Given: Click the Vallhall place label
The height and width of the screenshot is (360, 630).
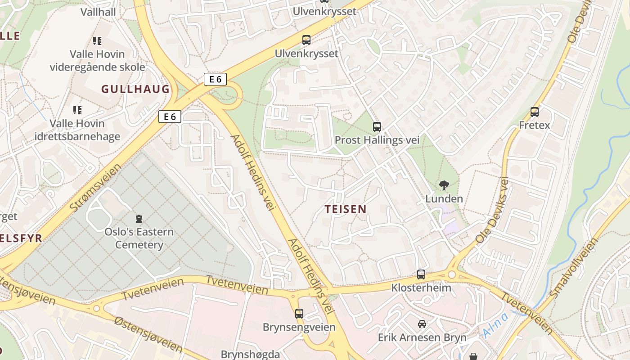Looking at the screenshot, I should (98, 12).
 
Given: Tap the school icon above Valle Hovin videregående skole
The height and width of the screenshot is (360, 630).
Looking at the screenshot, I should (97, 41).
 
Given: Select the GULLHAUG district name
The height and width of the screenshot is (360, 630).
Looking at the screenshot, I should (135, 89).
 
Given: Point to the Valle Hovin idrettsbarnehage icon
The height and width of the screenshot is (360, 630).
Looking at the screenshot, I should (77, 110).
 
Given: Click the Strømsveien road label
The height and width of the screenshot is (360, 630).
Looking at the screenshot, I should (96, 189).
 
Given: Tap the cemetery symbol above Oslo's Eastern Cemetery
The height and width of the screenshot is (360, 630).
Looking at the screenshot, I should (139, 219).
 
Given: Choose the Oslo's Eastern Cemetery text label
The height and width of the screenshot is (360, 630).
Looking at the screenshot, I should (139, 238).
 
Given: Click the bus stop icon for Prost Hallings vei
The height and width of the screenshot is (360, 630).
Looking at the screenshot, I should (377, 127).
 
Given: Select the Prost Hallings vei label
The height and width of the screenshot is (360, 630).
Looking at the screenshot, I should (377, 140).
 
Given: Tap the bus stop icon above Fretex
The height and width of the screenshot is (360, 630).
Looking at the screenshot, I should (535, 112).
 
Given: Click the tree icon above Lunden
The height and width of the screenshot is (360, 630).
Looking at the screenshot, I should (444, 185).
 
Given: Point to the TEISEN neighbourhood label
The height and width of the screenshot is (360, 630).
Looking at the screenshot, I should (346, 209).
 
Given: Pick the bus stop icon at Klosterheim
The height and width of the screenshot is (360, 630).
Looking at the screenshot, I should (421, 274).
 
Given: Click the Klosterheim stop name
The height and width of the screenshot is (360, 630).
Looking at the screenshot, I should (421, 287).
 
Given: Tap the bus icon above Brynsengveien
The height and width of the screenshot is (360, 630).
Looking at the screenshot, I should (299, 314).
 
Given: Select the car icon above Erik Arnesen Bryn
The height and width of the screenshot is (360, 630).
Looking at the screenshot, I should (422, 324).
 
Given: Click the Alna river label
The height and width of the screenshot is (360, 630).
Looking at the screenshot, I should (496, 325).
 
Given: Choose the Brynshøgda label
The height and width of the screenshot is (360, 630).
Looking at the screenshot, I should (250, 354).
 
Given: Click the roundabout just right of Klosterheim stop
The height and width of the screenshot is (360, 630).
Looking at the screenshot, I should (451, 274).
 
